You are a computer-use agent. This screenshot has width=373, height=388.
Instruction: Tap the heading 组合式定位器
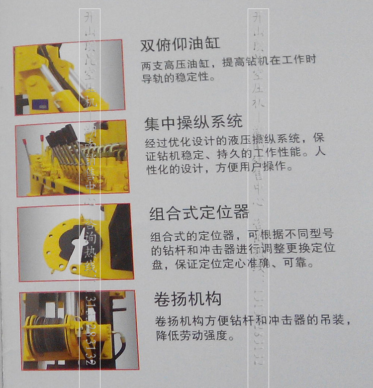coord(199,213)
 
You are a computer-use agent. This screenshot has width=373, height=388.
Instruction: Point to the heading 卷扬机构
coord(187,299)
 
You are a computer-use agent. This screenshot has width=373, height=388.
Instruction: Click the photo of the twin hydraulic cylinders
coord(69,77)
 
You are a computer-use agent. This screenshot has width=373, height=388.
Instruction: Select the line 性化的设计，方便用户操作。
coord(219,168)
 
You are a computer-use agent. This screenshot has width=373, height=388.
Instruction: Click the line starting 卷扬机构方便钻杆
coord(254,321)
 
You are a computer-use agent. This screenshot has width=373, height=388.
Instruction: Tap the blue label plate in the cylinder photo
coord(40,104)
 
